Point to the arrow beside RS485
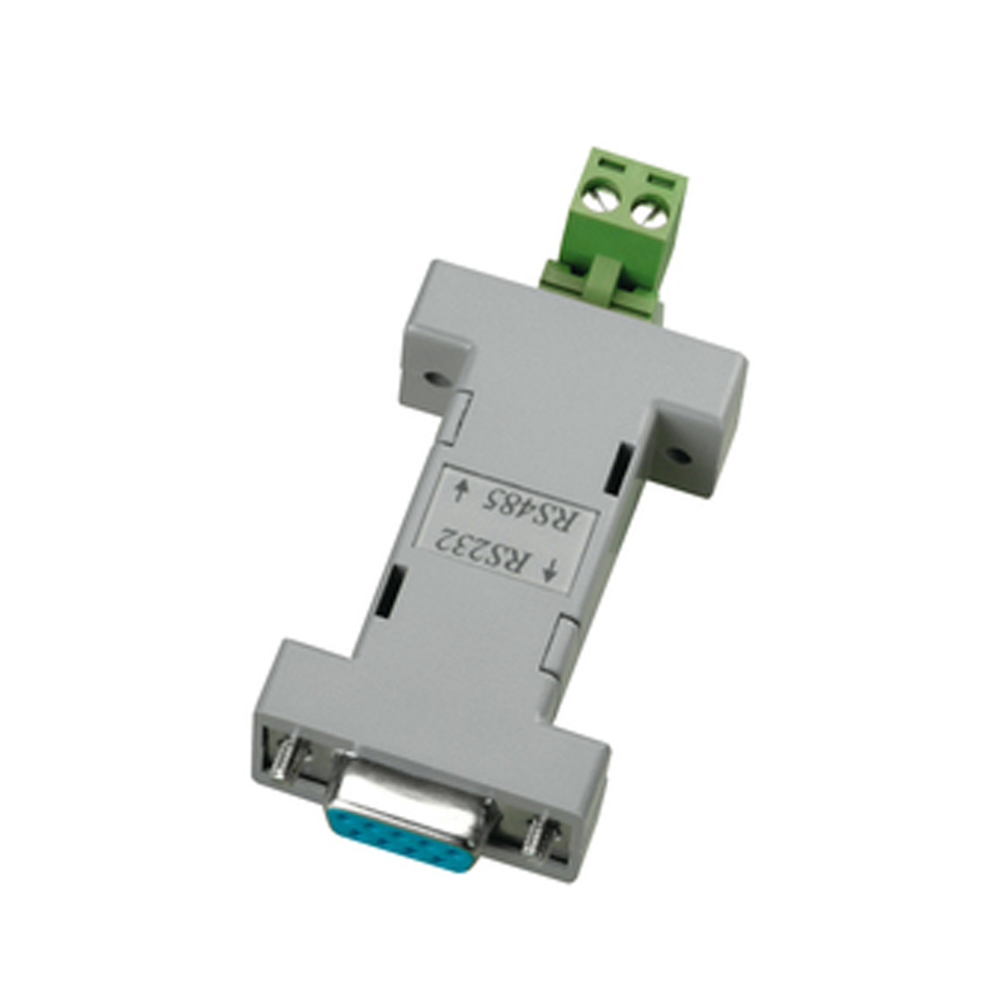(x=462, y=490)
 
